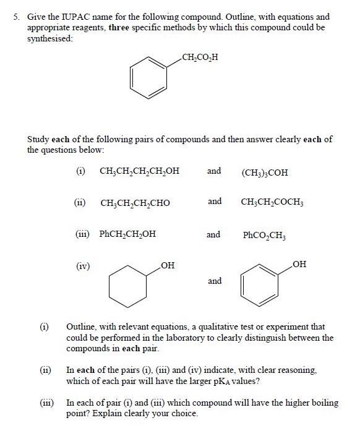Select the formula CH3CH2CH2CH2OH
tap(139, 171)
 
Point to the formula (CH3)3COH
tap(264, 171)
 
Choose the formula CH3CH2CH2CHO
tap(135, 202)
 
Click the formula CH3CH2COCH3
tap(272, 202)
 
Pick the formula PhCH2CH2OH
tap(127, 234)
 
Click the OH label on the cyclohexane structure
tap(167, 266)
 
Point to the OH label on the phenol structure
tap(299, 265)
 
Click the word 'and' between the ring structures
tap(214, 281)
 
